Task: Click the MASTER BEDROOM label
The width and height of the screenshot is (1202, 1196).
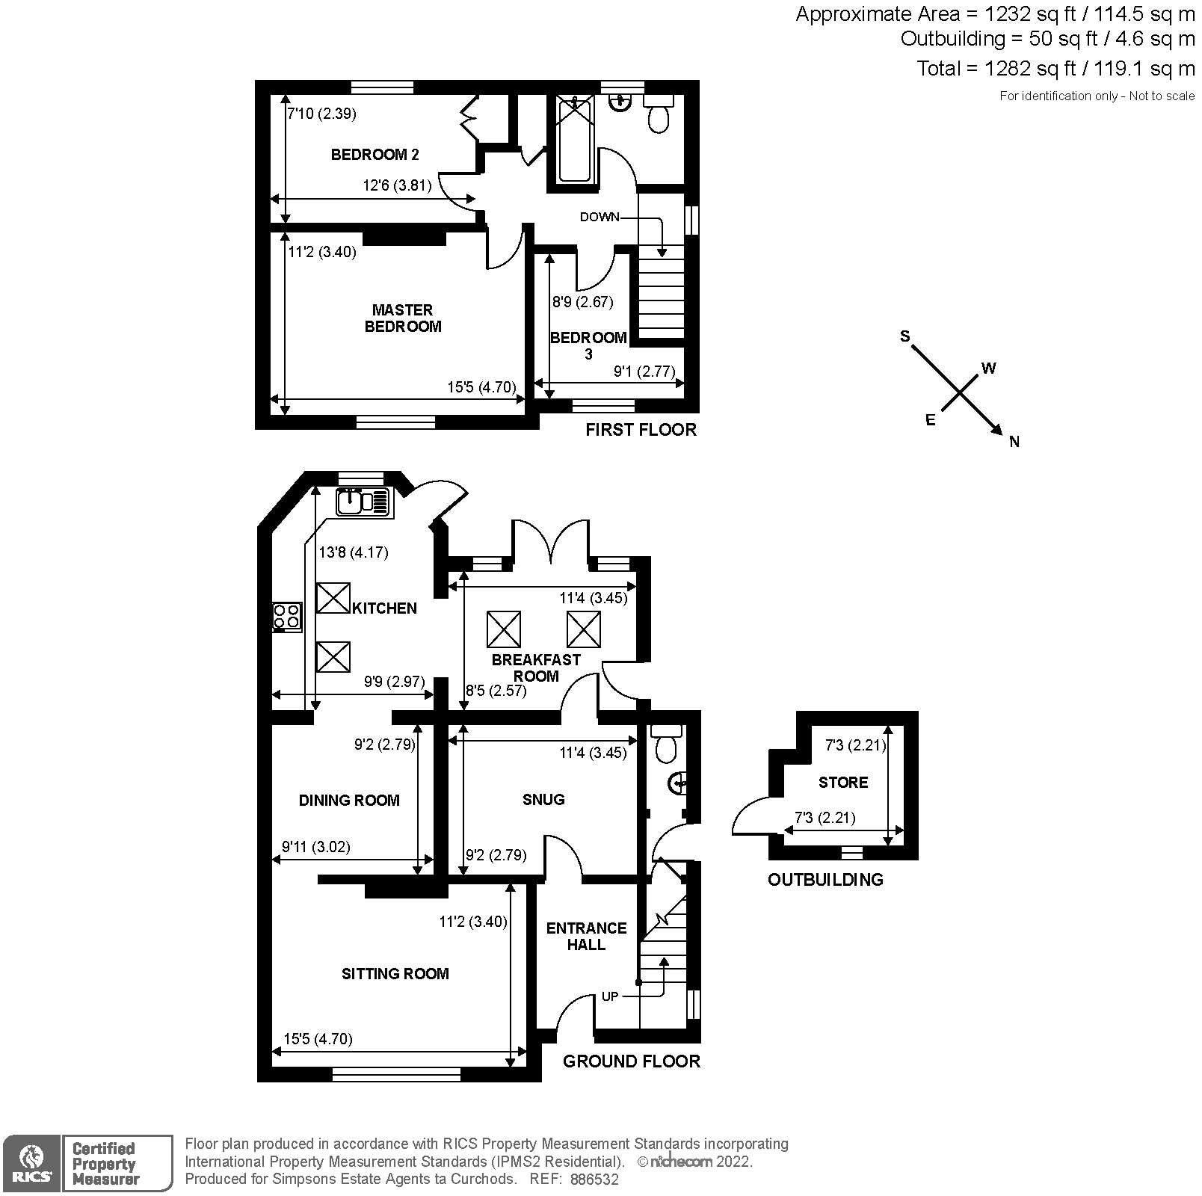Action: click(x=402, y=318)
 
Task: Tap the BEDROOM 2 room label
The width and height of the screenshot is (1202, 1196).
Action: click(x=375, y=155)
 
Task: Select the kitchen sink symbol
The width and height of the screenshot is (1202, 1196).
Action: click(x=363, y=502)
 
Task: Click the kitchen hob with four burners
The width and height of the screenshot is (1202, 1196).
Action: click(x=287, y=617)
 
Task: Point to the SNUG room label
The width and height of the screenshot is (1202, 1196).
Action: click(x=543, y=799)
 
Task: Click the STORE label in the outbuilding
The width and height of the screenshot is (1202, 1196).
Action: click(x=842, y=782)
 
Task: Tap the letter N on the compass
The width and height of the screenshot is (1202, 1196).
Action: click(x=1014, y=442)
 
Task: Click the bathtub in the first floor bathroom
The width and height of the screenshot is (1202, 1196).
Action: click(x=575, y=141)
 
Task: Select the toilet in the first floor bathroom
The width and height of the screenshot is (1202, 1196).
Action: click(x=658, y=115)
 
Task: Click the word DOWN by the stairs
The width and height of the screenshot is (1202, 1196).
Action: click(x=600, y=217)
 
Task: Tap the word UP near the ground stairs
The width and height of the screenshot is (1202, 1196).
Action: click(x=610, y=996)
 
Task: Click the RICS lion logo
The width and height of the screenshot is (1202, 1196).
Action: click(x=31, y=1162)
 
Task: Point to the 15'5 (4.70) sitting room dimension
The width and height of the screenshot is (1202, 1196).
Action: click(x=318, y=1038)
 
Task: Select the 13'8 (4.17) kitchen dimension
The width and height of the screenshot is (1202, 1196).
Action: click(x=354, y=552)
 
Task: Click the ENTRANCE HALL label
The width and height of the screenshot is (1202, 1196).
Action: click(x=586, y=936)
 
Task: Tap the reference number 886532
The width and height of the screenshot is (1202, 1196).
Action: click(x=594, y=1179)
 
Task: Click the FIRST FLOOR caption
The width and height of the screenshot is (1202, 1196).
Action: click(x=641, y=430)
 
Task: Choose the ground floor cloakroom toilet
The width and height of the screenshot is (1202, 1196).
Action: click(x=663, y=745)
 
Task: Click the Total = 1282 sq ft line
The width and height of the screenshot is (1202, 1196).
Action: click(x=1055, y=69)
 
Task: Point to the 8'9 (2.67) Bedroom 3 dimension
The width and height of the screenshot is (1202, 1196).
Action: click(x=582, y=302)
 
